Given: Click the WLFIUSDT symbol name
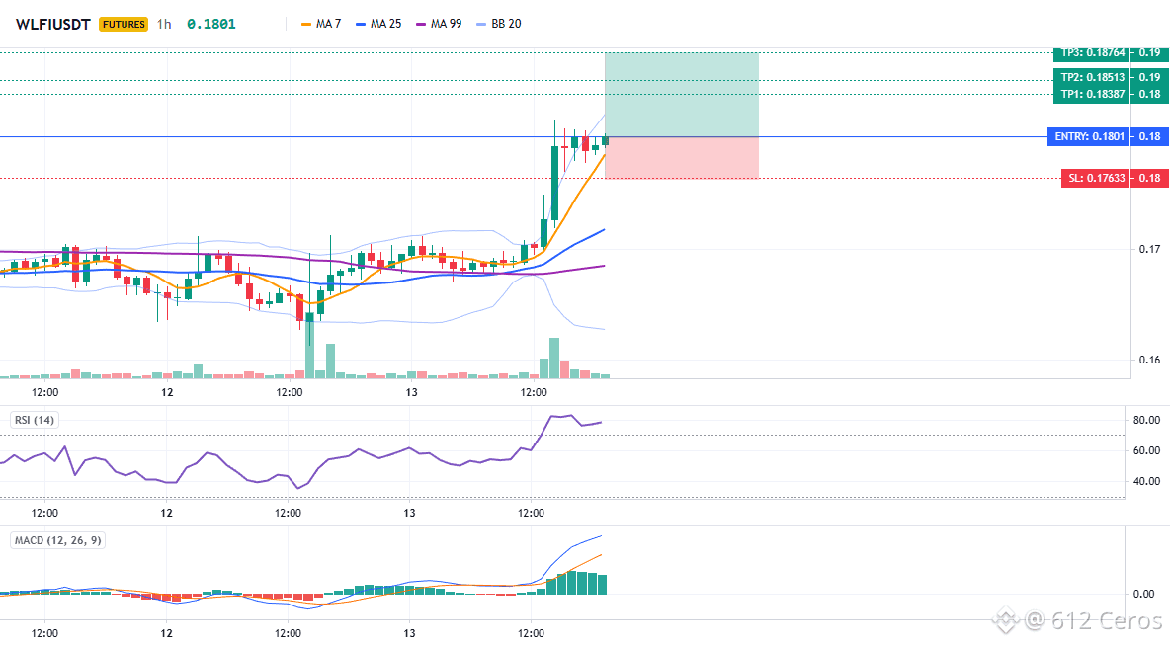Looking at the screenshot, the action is pyautogui.click(x=53, y=24).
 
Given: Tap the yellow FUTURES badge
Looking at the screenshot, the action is pyautogui.click(x=124, y=24).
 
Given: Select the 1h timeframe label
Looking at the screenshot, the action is pyautogui.click(x=164, y=24).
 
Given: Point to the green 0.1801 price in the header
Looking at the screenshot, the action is pyautogui.click(x=211, y=24).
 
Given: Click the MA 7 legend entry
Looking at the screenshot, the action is pyautogui.click(x=321, y=24).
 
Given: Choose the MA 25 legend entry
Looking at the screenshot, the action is pyautogui.click(x=378, y=24).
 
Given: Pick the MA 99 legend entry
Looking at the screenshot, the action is pyautogui.click(x=439, y=24).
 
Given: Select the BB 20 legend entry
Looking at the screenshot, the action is pyautogui.click(x=498, y=24).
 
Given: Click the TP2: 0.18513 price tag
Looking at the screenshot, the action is pyautogui.click(x=1092, y=77).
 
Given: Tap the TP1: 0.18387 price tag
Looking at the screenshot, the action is pyautogui.click(x=1092, y=94).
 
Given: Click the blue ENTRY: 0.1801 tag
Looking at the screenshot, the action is pyautogui.click(x=1089, y=136).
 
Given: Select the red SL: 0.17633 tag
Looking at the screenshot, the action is pyautogui.click(x=1095, y=178).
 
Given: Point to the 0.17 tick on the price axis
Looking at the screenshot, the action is pyautogui.click(x=1149, y=249).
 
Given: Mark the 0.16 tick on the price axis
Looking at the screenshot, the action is pyautogui.click(x=1149, y=360).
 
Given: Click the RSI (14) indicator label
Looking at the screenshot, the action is pyautogui.click(x=35, y=420).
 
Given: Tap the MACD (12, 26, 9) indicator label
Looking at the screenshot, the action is pyautogui.click(x=57, y=540).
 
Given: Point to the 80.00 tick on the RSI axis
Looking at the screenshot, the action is pyautogui.click(x=1147, y=420).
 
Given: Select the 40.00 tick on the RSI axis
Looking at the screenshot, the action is pyautogui.click(x=1147, y=481).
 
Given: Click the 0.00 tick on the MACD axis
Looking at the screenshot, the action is pyautogui.click(x=1144, y=594).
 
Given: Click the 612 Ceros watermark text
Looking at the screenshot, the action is pyautogui.click(x=1106, y=619).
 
